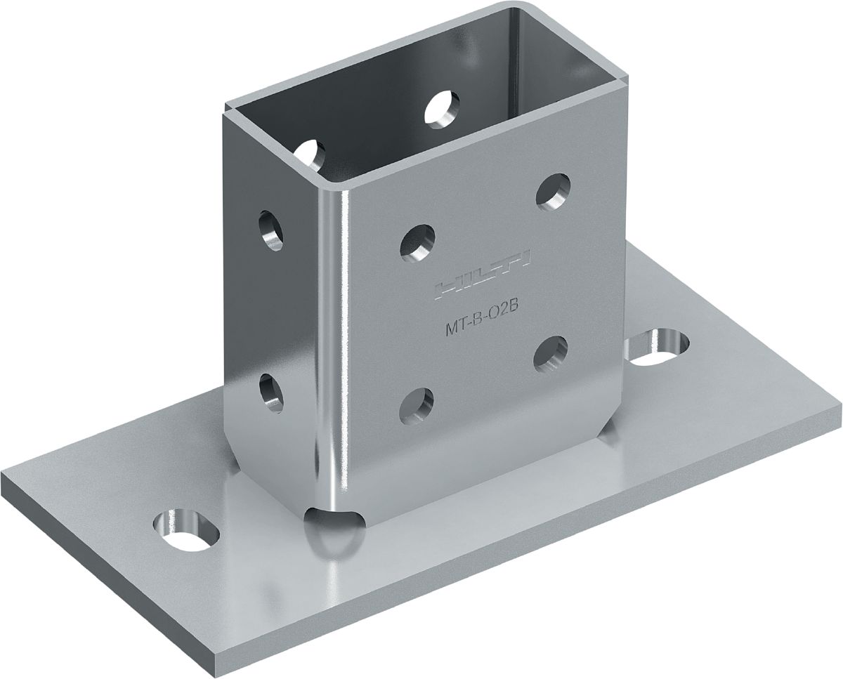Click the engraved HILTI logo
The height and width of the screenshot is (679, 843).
click(x=483, y=273)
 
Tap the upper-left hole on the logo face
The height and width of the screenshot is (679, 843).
click(x=417, y=243)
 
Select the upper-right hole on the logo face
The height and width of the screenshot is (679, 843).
click(x=553, y=190)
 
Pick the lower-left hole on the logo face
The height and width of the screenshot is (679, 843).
click(x=417, y=407)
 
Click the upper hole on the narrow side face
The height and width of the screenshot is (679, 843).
click(x=271, y=230)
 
